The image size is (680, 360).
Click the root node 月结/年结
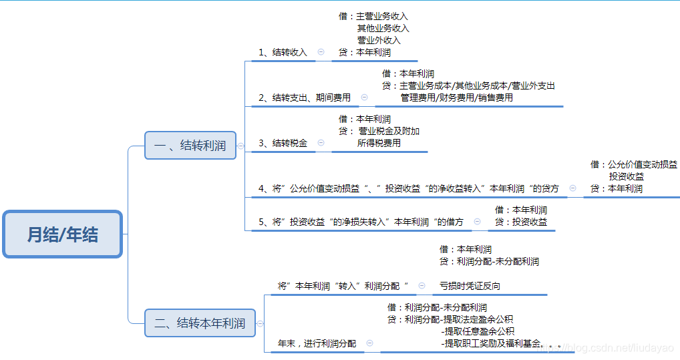(62, 234)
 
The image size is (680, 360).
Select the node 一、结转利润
(190, 145)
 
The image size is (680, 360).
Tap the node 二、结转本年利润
(200, 323)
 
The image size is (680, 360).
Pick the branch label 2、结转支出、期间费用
(305, 98)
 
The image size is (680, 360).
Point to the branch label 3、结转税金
(283, 143)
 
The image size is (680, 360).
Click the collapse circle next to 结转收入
(321, 51)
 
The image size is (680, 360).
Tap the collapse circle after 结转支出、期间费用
(364, 97)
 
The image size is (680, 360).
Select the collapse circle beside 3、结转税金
(321, 142)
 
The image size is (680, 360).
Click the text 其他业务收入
(383, 28)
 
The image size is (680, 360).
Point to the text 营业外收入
(379, 40)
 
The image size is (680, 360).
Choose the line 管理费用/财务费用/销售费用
(457, 98)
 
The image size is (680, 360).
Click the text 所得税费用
(379, 143)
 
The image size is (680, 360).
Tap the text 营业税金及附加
(389, 131)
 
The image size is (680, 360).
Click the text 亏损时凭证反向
(470, 286)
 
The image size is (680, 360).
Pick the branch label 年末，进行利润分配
(317, 343)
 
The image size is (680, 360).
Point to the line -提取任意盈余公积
(478, 331)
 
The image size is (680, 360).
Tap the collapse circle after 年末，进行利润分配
(369, 343)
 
